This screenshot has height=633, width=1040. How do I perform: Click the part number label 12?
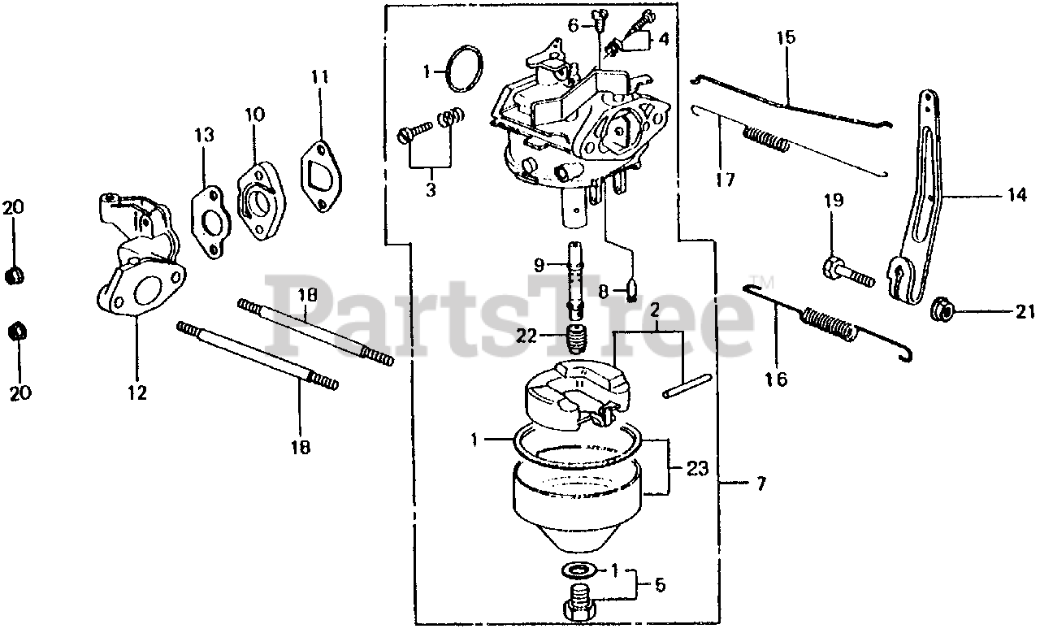click(136, 392)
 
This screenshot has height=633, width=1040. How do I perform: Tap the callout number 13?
click(204, 134)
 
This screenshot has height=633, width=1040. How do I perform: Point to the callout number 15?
click(786, 37)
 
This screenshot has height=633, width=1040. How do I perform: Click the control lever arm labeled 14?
click(925, 203)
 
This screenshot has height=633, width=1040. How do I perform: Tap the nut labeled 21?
click(942, 310)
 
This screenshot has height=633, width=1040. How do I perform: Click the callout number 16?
click(777, 379)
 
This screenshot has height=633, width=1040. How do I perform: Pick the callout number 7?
click(760, 484)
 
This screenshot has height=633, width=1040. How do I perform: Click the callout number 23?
click(696, 469)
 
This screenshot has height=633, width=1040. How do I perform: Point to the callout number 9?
click(539, 264)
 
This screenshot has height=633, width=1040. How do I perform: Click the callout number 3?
click(430, 191)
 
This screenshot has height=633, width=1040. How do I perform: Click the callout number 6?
click(574, 25)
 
